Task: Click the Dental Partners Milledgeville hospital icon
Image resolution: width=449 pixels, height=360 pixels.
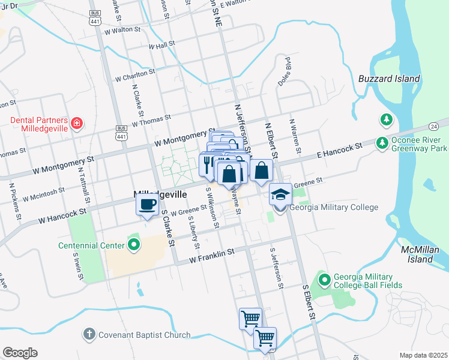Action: click(x=76, y=124)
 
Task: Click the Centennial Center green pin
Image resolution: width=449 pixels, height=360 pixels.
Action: click(x=134, y=245)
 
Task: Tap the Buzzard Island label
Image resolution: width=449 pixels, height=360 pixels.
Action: click(x=389, y=79)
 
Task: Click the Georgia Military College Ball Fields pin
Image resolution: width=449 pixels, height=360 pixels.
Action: click(x=325, y=280)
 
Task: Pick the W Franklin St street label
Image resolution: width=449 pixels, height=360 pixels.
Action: click(x=210, y=257)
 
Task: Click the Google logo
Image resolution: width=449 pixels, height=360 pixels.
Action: click(x=20, y=353)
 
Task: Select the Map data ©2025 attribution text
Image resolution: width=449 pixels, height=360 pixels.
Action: click(x=423, y=355)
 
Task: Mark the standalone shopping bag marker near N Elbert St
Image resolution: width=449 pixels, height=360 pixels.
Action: click(x=262, y=170)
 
